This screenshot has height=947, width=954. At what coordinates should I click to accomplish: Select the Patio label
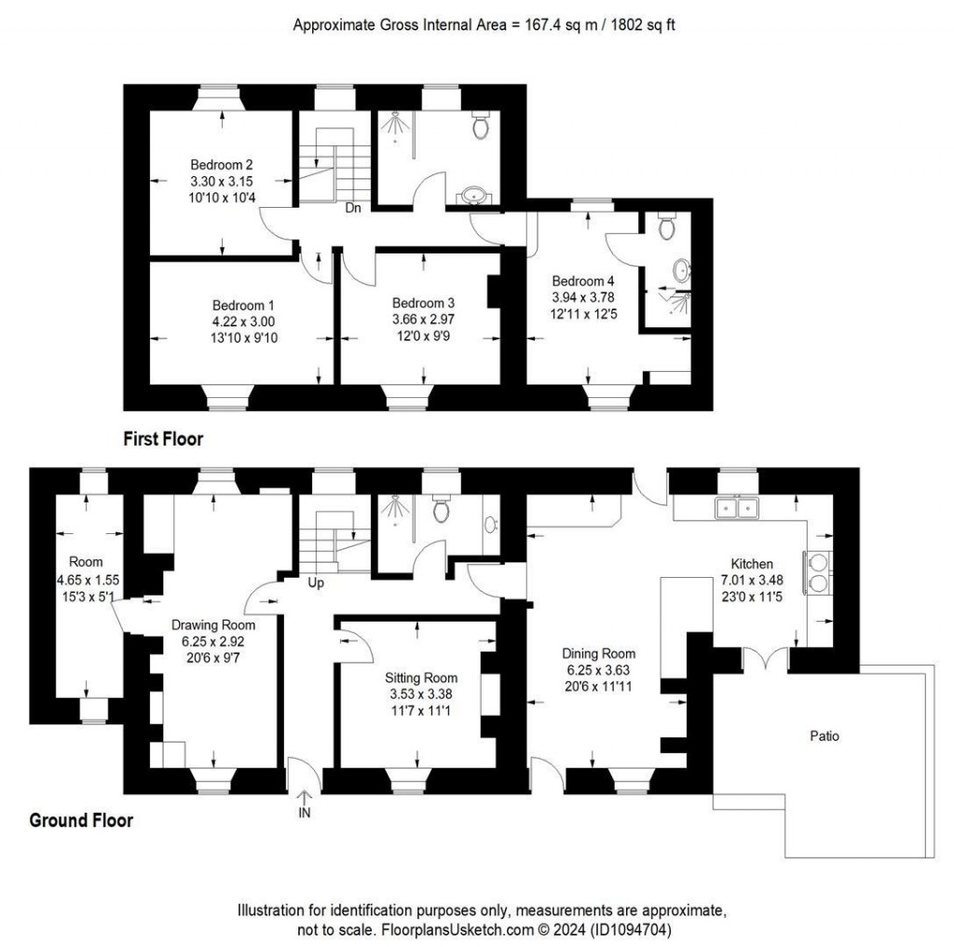[824, 735]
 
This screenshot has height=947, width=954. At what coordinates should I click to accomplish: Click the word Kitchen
[751, 564]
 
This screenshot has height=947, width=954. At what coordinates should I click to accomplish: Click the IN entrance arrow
[305, 803]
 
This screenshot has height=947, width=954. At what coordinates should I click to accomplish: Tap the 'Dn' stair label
[353, 209]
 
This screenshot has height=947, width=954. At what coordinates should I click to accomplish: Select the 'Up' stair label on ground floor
[316, 583]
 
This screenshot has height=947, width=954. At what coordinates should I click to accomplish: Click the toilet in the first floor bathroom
[482, 126]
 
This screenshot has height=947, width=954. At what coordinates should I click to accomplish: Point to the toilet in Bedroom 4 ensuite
[666, 226]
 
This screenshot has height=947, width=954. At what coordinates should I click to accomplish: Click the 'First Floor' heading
[163, 437]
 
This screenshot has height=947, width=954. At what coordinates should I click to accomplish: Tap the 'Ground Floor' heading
[81, 820]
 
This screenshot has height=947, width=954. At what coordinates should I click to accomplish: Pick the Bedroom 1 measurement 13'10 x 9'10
[244, 337]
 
